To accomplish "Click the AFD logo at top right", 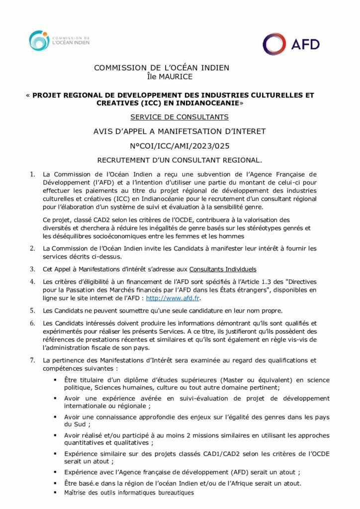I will point(291,44).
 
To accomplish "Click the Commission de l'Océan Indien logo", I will point(59,41).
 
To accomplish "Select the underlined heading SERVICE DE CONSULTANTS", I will point(179,117).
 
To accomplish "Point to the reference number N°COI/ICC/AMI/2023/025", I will point(180,146).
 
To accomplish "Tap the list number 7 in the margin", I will point(32,360).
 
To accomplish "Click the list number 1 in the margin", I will point(32,174).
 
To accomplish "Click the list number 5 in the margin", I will point(32,311).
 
